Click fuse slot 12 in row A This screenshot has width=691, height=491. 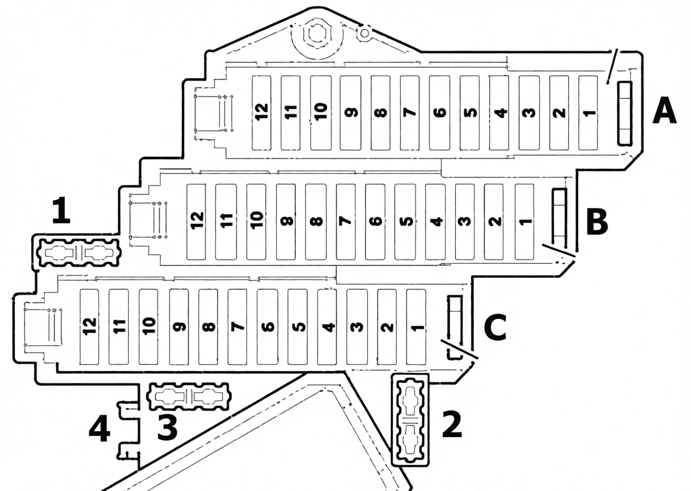pyautogui.click(x=261, y=113)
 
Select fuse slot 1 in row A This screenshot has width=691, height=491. pyautogui.click(x=588, y=113)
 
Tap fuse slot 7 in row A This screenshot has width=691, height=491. pyautogui.click(x=410, y=113)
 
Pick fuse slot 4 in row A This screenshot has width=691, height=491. pyautogui.click(x=499, y=113)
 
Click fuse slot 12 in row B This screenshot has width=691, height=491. pyautogui.click(x=196, y=222)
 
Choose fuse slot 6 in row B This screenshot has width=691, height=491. pyautogui.click(x=375, y=222)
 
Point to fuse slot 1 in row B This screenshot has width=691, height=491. pyautogui.click(x=525, y=222)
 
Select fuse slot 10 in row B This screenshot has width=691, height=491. pyautogui.click(x=256, y=222)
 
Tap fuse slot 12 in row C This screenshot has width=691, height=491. pyautogui.click(x=89, y=327)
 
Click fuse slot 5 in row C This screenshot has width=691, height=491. pyautogui.click(x=297, y=327)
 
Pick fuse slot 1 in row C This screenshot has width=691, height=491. pyautogui.click(x=416, y=327)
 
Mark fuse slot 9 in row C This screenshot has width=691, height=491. pyautogui.click(x=179, y=327)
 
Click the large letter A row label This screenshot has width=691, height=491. pyautogui.click(x=664, y=110)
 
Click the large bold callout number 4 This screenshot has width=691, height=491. pyautogui.click(x=99, y=428)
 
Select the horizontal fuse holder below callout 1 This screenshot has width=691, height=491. pyautogui.click(x=78, y=252)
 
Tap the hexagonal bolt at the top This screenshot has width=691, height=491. pyautogui.click(x=317, y=34)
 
